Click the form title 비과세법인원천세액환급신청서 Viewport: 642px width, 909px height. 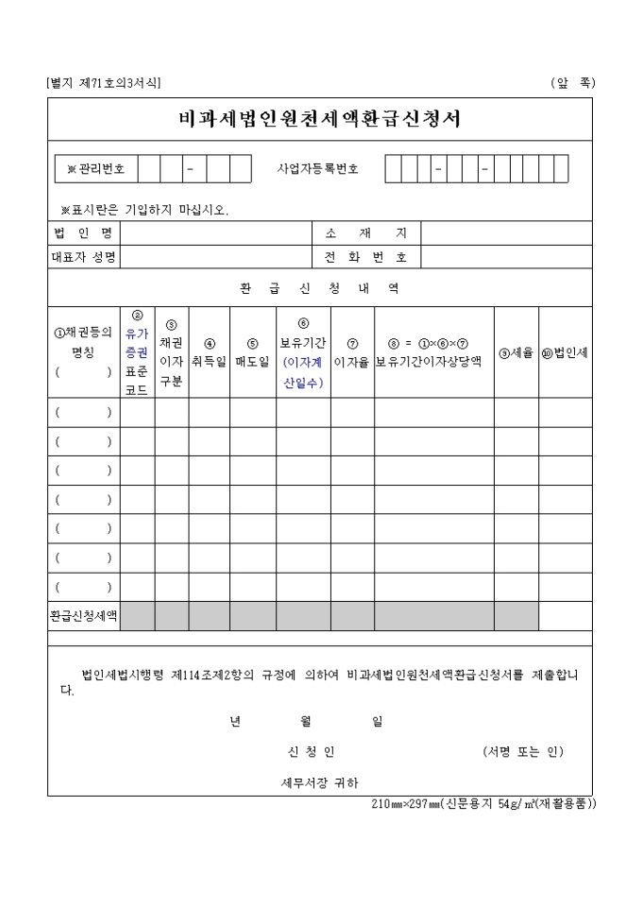320,119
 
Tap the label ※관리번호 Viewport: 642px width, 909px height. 96,169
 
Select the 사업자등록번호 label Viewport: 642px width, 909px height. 317,169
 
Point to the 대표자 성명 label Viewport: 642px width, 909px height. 83,256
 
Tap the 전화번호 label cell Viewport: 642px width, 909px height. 365,256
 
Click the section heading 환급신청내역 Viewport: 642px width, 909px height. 319,288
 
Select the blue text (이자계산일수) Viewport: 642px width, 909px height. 303,372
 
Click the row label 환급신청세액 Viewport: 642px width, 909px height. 83,616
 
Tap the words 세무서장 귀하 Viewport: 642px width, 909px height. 319,782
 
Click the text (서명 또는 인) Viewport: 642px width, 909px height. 521,752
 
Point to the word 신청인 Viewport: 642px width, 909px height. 311,752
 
